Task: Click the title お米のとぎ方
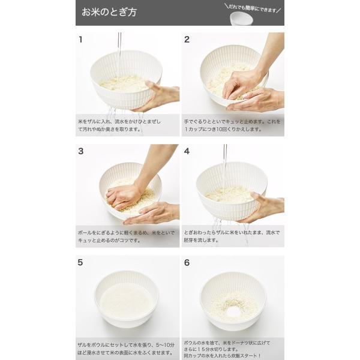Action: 109,12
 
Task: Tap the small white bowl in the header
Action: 242,19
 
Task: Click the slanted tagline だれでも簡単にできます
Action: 253,8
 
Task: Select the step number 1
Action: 80,40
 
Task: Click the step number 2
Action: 187,40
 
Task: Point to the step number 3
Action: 80,151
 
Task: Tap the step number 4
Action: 187,151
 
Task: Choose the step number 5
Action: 80,262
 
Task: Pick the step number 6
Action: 187,262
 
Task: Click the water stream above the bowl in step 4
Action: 225,166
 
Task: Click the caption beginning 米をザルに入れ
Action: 119,125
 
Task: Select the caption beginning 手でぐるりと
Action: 232,125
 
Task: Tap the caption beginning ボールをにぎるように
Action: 126,236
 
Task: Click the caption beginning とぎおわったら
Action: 232,236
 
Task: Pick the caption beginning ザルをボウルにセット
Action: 126,349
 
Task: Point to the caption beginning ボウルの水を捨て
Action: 227,349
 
